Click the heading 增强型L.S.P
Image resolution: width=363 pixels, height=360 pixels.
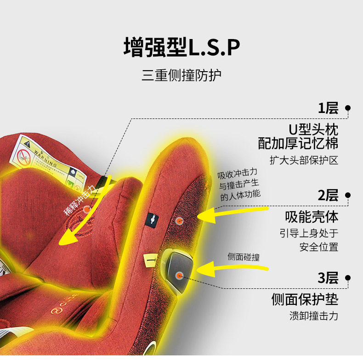182,47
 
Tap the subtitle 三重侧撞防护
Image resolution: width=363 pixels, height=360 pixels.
181,75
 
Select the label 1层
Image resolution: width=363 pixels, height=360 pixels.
328,108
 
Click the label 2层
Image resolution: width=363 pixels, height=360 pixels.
328,195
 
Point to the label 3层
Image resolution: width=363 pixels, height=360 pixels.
328,278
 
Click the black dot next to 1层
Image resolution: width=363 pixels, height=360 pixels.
348,108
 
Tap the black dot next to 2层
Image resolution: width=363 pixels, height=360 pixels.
348,195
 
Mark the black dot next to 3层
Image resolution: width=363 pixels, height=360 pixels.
348,278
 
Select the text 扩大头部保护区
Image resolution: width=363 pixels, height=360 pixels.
304,161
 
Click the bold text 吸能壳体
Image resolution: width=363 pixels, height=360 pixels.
312,216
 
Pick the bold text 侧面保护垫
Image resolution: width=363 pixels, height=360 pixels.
305,299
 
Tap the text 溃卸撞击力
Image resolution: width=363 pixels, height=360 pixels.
314,316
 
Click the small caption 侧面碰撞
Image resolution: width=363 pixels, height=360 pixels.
244,257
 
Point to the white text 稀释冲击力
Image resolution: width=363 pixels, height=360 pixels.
80,201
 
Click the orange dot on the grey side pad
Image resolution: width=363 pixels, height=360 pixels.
179,275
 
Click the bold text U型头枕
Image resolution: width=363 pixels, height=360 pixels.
313,128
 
